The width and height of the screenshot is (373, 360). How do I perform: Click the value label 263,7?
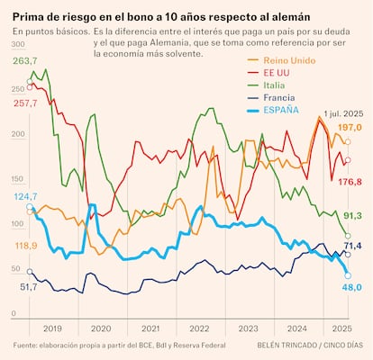[25, 61]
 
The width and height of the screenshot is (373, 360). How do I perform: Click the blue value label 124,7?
[26, 195]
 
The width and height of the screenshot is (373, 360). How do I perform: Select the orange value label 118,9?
[26, 246]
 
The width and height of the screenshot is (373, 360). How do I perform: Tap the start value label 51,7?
[29, 286]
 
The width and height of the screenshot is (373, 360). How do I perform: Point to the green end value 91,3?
[352, 215]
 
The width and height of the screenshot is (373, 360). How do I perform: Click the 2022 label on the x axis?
[200, 328]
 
